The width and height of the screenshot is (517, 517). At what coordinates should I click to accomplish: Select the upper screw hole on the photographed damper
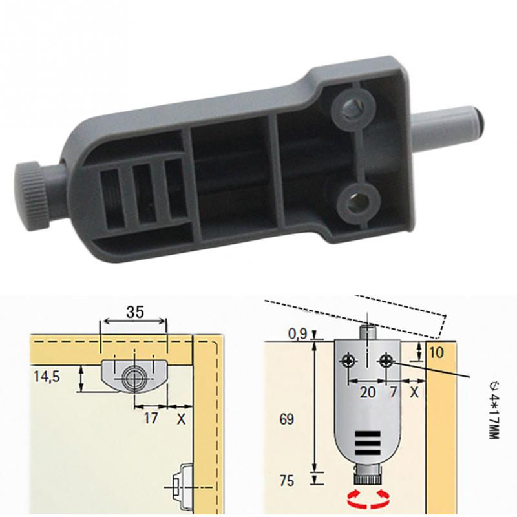click(x=353, y=105)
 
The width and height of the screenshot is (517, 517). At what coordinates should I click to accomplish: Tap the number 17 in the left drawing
click(x=151, y=418)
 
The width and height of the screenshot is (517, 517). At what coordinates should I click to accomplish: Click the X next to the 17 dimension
click(x=181, y=418)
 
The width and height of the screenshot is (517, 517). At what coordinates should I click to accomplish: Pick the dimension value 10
click(x=436, y=353)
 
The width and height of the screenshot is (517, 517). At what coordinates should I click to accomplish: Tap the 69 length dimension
click(x=288, y=419)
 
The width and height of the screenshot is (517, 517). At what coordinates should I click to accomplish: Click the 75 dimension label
click(x=288, y=480)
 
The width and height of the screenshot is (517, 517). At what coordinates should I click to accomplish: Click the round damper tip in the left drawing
click(x=134, y=378)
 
